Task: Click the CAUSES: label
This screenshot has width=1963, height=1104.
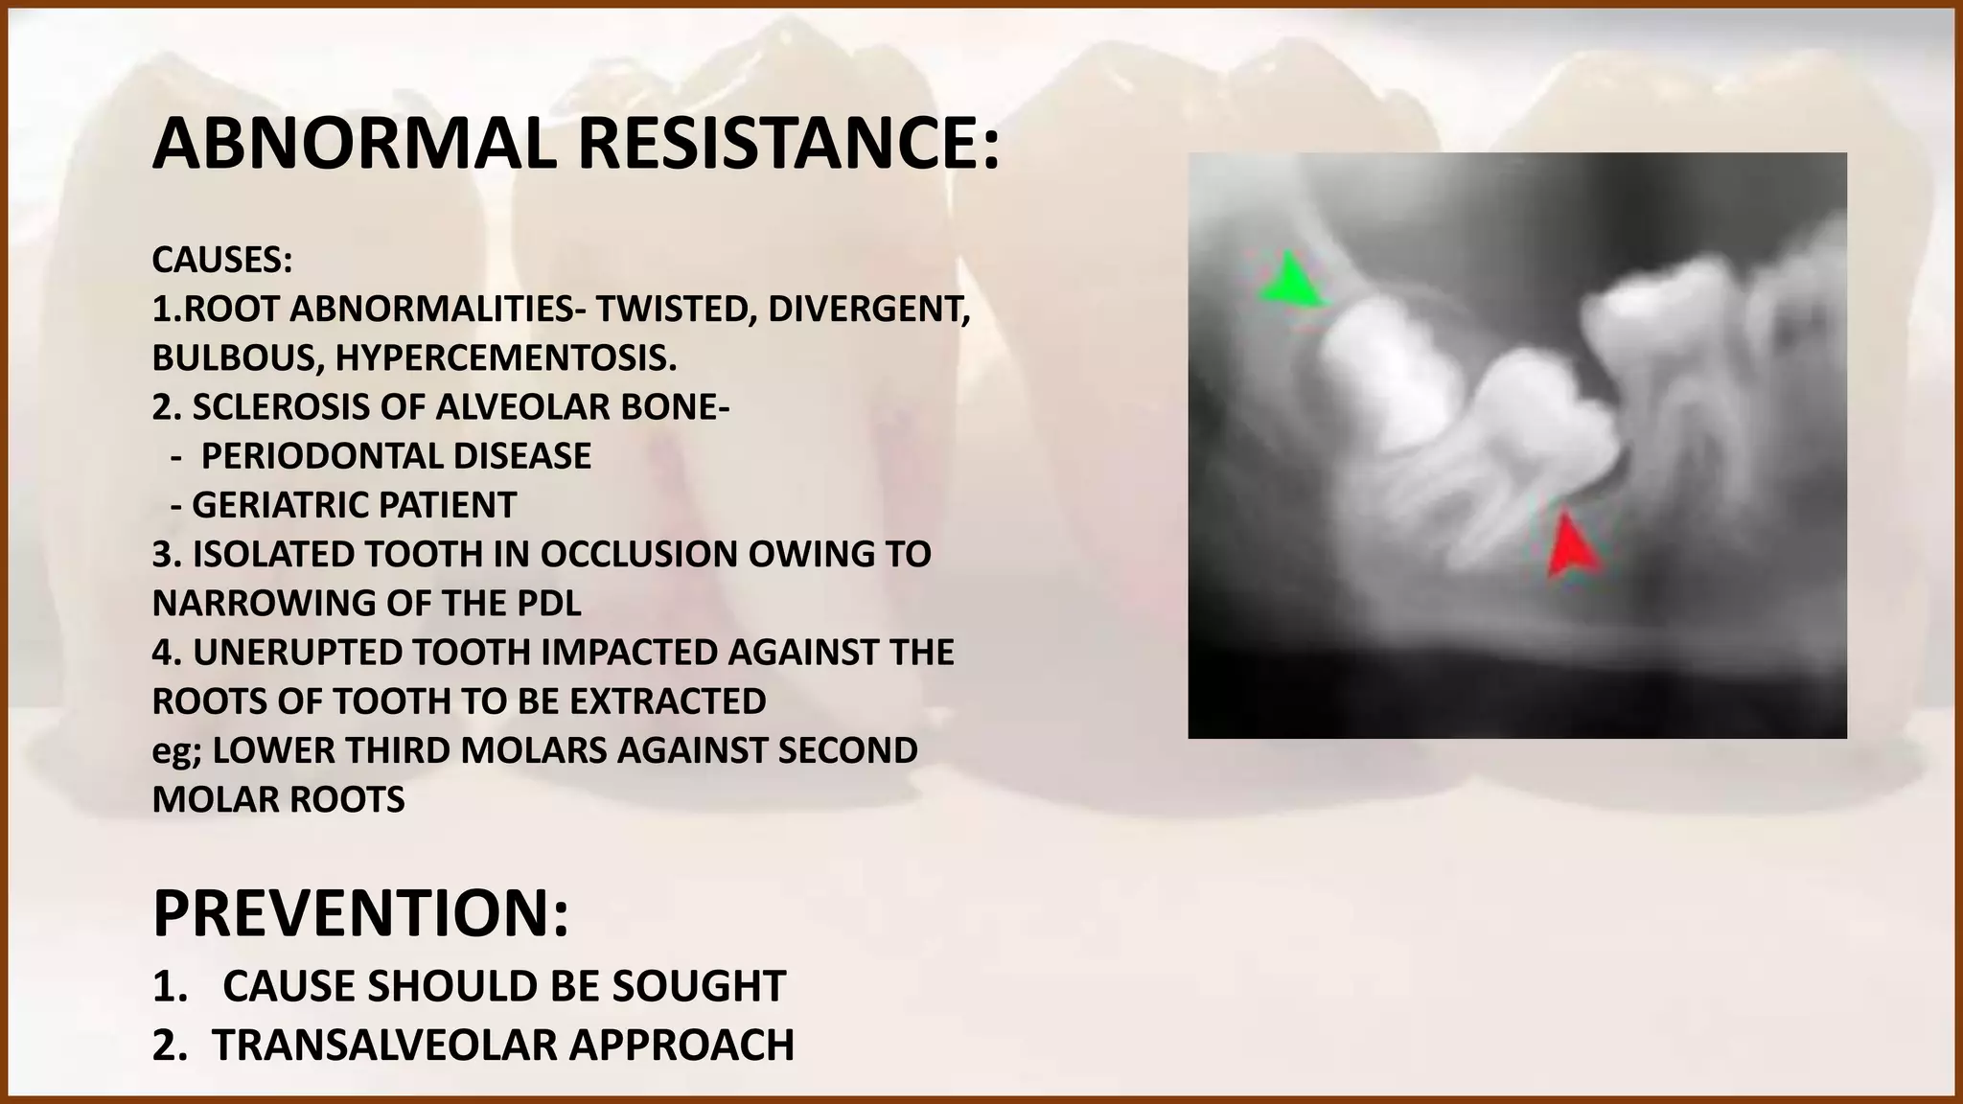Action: point(221,260)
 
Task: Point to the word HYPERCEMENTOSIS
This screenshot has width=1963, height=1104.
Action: point(506,358)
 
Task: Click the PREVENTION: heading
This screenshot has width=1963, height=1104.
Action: point(360,914)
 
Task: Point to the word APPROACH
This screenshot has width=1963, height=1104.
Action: point(681,1045)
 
